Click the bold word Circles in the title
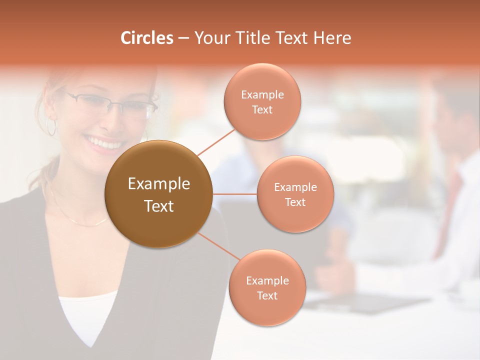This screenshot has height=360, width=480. point(146,38)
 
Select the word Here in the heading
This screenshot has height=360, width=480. point(332,38)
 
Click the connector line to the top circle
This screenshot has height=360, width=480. point(216,141)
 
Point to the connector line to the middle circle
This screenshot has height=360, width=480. point(235,194)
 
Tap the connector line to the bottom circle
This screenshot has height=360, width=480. point(218,247)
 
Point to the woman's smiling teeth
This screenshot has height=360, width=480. point(105,144)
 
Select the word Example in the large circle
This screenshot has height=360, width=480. point(159,184)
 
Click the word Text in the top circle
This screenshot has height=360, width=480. point(262,110)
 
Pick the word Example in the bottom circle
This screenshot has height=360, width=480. point(267,280)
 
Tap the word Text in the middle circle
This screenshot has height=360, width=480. point(295,202)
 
